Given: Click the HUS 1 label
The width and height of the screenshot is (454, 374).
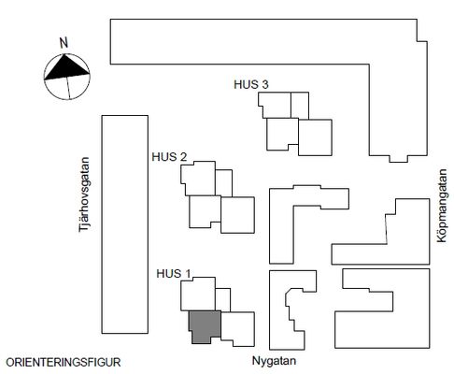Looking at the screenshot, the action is click(x=173, y=274).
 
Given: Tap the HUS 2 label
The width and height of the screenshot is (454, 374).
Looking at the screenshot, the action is click(x=169, y=157).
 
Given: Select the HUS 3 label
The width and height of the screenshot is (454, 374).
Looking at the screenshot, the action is click(x=251, y=84).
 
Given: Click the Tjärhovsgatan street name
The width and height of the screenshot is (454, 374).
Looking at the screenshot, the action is click(x=84, y=194).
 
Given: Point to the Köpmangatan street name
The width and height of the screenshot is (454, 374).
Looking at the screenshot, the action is click(x=442, y=206).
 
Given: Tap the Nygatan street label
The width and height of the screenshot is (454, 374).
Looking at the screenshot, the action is click(x=274, y=361).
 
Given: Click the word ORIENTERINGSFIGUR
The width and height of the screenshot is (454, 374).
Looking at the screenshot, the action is click(x=64, y=363).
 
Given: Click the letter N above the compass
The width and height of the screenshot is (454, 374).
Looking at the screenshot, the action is click(x=64, y=43).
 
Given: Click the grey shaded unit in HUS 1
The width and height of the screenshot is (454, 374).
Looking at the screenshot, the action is click(x=205, y=325).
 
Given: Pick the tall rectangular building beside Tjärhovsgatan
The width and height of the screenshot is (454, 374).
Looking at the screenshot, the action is click(x=125, y=224).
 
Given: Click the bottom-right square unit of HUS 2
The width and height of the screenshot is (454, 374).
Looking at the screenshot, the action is click(x=237, y=215).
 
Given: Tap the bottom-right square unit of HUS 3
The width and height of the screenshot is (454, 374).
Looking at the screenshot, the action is click(x=315, y=137).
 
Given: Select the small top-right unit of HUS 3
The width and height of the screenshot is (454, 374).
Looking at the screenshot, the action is click(x=300, y=106).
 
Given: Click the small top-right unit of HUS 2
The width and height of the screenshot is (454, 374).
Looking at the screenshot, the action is click(x=223, y=183).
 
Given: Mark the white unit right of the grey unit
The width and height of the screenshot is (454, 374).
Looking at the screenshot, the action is click(x=239, y=328).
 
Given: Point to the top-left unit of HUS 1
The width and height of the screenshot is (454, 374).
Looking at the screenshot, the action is click(x=198, y=295).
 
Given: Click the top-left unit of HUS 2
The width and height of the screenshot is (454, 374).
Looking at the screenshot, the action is click(x=199, y=179).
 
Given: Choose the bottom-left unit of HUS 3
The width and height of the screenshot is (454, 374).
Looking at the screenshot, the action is click(x=282, y=134).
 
